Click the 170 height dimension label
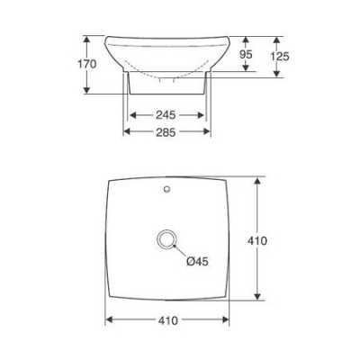tap(87, 64)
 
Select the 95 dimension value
tap(246, 55)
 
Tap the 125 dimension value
tap(280, 56)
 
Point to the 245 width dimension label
tap(166, 115)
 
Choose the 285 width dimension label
tap(166, 132)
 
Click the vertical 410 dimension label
tap(257, 240)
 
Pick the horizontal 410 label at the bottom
tap(168, 320)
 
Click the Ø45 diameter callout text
tap(197, 261)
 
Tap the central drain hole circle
tap(166, 239)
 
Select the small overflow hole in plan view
tap(167, 189)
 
